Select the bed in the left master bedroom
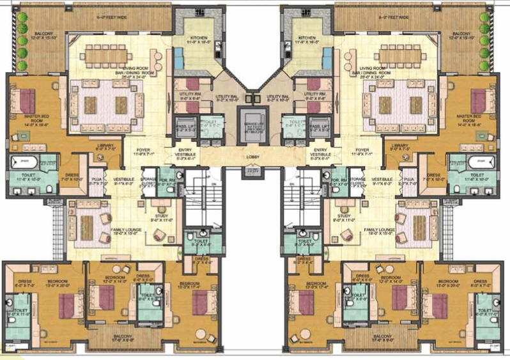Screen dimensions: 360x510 pos(27,101)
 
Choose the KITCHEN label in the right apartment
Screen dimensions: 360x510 pos(306,38)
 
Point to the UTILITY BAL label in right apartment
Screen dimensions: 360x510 pos(279,97)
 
